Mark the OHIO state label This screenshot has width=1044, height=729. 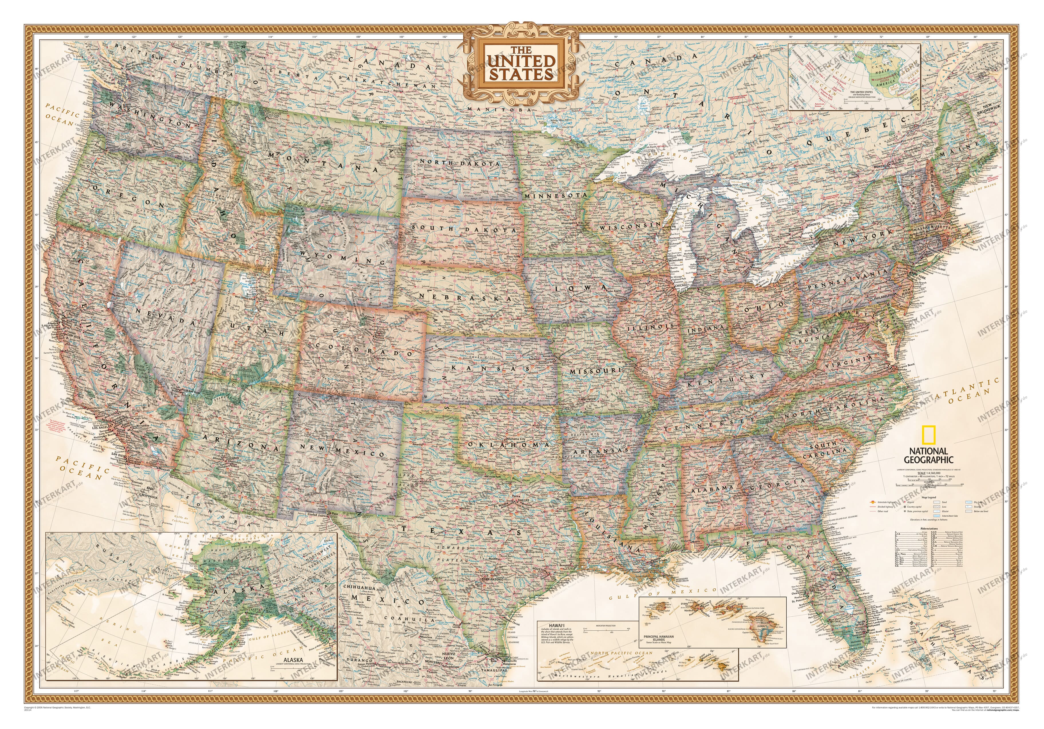765,305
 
